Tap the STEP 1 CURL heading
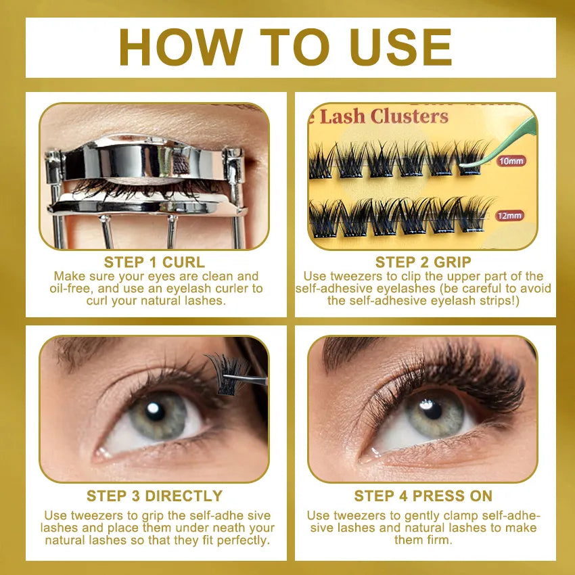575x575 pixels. click(x=154, y=262)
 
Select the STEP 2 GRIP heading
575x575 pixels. click(x=423, y=262)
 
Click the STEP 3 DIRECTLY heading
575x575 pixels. click(x=154, y=496)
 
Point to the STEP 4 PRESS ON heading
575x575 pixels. click(x=423, y=496)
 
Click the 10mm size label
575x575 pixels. click(x=511, y=162)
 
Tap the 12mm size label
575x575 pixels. click(x=509, y=216)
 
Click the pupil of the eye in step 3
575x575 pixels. click(x=155, y=411)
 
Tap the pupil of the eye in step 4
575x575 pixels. click(x=431, y=409)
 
